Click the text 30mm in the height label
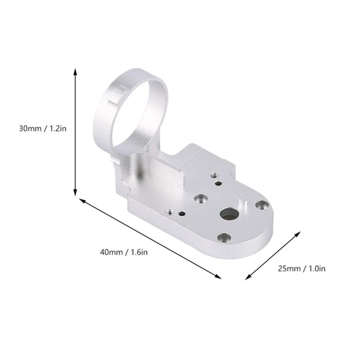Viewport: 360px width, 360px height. point(29,129)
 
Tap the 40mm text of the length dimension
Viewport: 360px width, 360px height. point(111,252)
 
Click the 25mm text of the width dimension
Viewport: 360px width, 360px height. point(289,268)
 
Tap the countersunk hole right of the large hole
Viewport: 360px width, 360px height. point(262,205)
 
